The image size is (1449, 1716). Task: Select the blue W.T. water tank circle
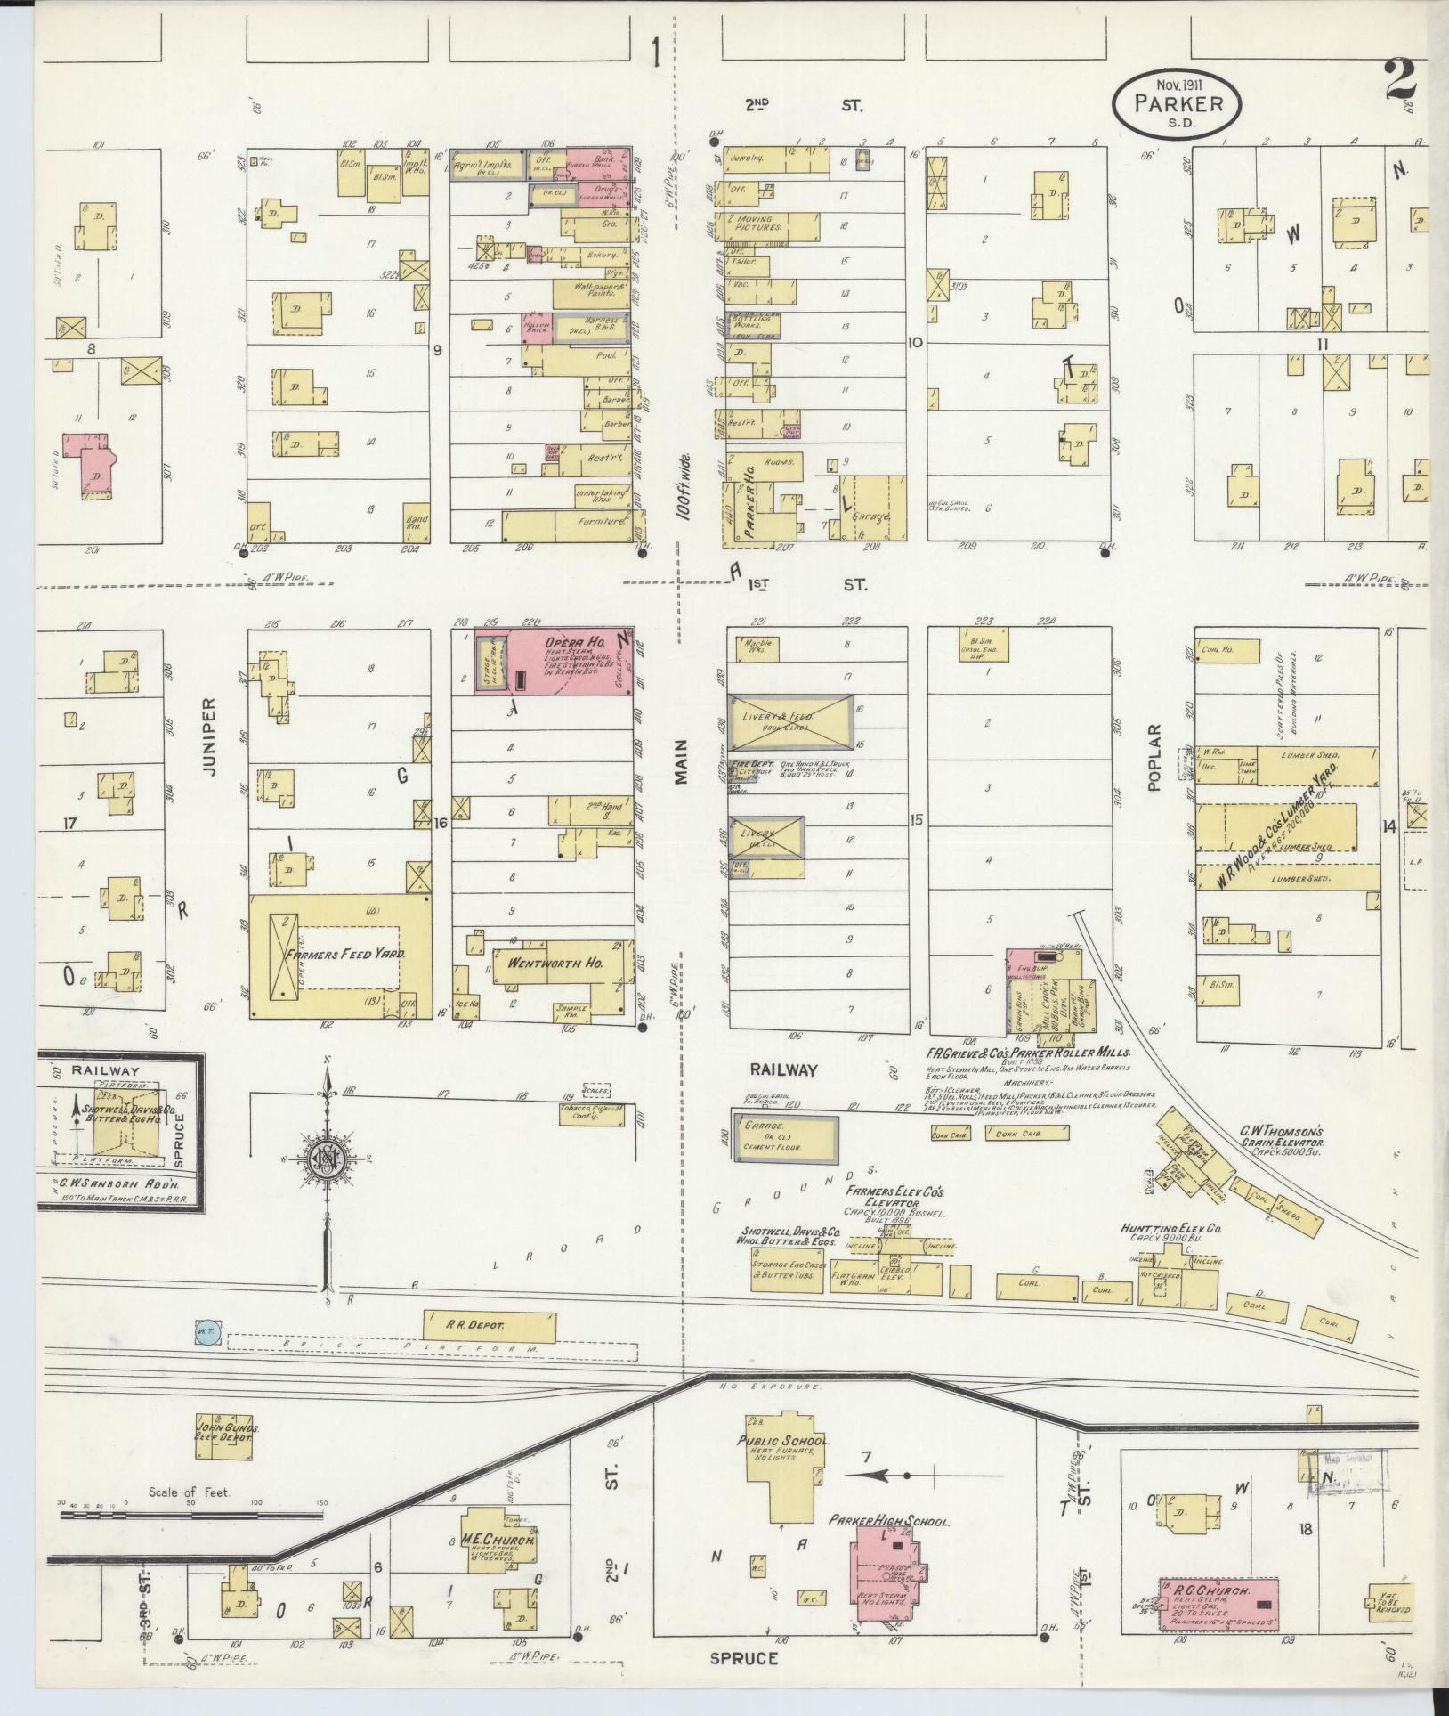click(x=204, y=1332)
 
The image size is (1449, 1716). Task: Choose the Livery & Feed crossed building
click(x=778, y=721)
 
